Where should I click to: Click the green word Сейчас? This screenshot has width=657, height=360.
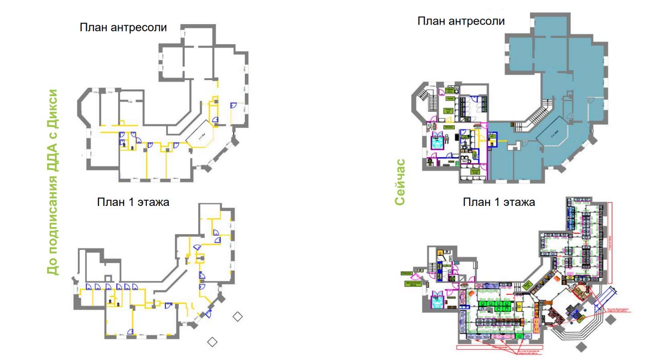[x=400, y=182]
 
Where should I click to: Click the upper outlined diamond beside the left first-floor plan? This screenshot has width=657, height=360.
[x=237, y=316]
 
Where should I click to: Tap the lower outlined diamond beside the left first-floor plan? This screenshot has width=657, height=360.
[x=212, y=341]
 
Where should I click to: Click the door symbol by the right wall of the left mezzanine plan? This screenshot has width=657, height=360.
[x=233, y=105]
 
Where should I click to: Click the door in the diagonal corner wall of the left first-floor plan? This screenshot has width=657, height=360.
[x=208, y=313]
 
